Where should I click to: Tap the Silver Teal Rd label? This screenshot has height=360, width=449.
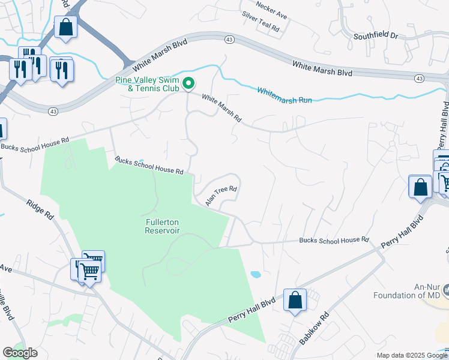click(261, 22)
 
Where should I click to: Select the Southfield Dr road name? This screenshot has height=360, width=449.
click(375, 36)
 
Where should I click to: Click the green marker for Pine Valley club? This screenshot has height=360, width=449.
click(188, 83)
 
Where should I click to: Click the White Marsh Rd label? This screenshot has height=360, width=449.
click(221, 109)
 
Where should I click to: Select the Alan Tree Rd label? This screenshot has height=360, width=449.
click(221, 196)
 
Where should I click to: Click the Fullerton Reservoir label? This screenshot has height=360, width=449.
click(162, 226)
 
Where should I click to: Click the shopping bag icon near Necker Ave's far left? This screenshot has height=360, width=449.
click(65, 27)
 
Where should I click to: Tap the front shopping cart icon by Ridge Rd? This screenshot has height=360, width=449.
click(89, 271)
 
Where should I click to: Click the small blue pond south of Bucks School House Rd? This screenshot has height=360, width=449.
click(255, 275)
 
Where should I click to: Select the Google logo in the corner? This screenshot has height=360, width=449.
click(20, 353)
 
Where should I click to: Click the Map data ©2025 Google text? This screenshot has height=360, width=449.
click(411, 355)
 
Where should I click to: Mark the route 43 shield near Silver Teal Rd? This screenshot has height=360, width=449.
click(230, 38)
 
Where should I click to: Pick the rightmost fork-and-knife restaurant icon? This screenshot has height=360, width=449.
click(61, 70)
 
